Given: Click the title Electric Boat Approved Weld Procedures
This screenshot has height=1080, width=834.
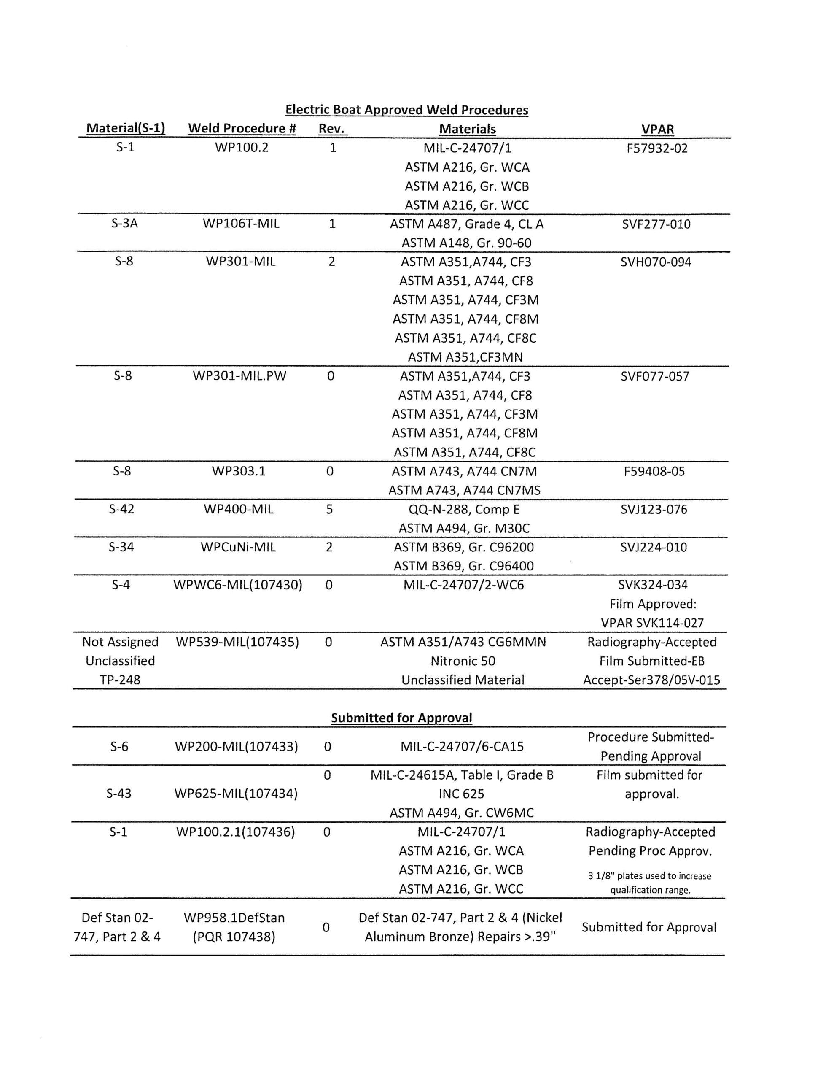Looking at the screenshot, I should pyautogui.click(x=406, y=110).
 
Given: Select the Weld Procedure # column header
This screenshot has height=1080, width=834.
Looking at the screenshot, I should pyautogui.click(x=242, y=129).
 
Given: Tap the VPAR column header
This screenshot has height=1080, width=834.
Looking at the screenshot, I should pyautogui.click(x=657, y=129).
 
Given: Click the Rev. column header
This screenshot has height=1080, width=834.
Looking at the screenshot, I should pyautogui.click(x=332, y=129).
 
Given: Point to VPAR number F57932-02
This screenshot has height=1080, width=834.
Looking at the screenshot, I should pyautogui.click(x=656, y=148).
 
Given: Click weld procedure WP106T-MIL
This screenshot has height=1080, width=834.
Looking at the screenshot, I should pyautogui.click(x=241, y=224).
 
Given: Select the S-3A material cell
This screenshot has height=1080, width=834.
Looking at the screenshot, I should pyautogui.click(x=124, y=224).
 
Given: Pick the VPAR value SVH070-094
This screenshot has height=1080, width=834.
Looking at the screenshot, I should pyautogui.click(x=656, y=262).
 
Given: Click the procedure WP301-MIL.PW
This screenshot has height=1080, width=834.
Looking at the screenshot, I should pyautogui.click(x=239, y=376).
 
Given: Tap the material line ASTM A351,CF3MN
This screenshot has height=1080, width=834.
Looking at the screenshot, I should pyautogui.click(x=465, y=357).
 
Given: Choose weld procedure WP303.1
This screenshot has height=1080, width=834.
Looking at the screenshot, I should pyautogui.click(x=239, y=471).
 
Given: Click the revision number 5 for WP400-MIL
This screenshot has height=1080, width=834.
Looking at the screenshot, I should pyautogui.click(x=329, y=509).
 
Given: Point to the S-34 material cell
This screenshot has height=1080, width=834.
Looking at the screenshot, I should pyautogui.click(x=121, y=547).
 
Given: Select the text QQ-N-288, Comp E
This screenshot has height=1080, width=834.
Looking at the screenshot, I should pyautogui.click(x=464, y=509).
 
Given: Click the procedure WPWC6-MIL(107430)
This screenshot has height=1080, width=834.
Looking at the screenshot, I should pyautogui.click(x=237, y=585).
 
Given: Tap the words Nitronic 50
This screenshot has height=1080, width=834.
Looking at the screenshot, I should pyautogui.click(x=463, y=661).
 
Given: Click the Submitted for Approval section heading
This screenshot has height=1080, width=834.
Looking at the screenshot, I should pyautogui.click(x=401, y=718).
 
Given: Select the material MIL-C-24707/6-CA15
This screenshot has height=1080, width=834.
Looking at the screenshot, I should pyautogui.click(x=462, y=747).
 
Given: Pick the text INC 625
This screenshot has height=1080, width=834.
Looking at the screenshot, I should pyautogui.click(x=461, y=794).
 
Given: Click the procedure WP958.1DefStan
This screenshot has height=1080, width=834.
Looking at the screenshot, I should pyautogui.click(x=234, y=918).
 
